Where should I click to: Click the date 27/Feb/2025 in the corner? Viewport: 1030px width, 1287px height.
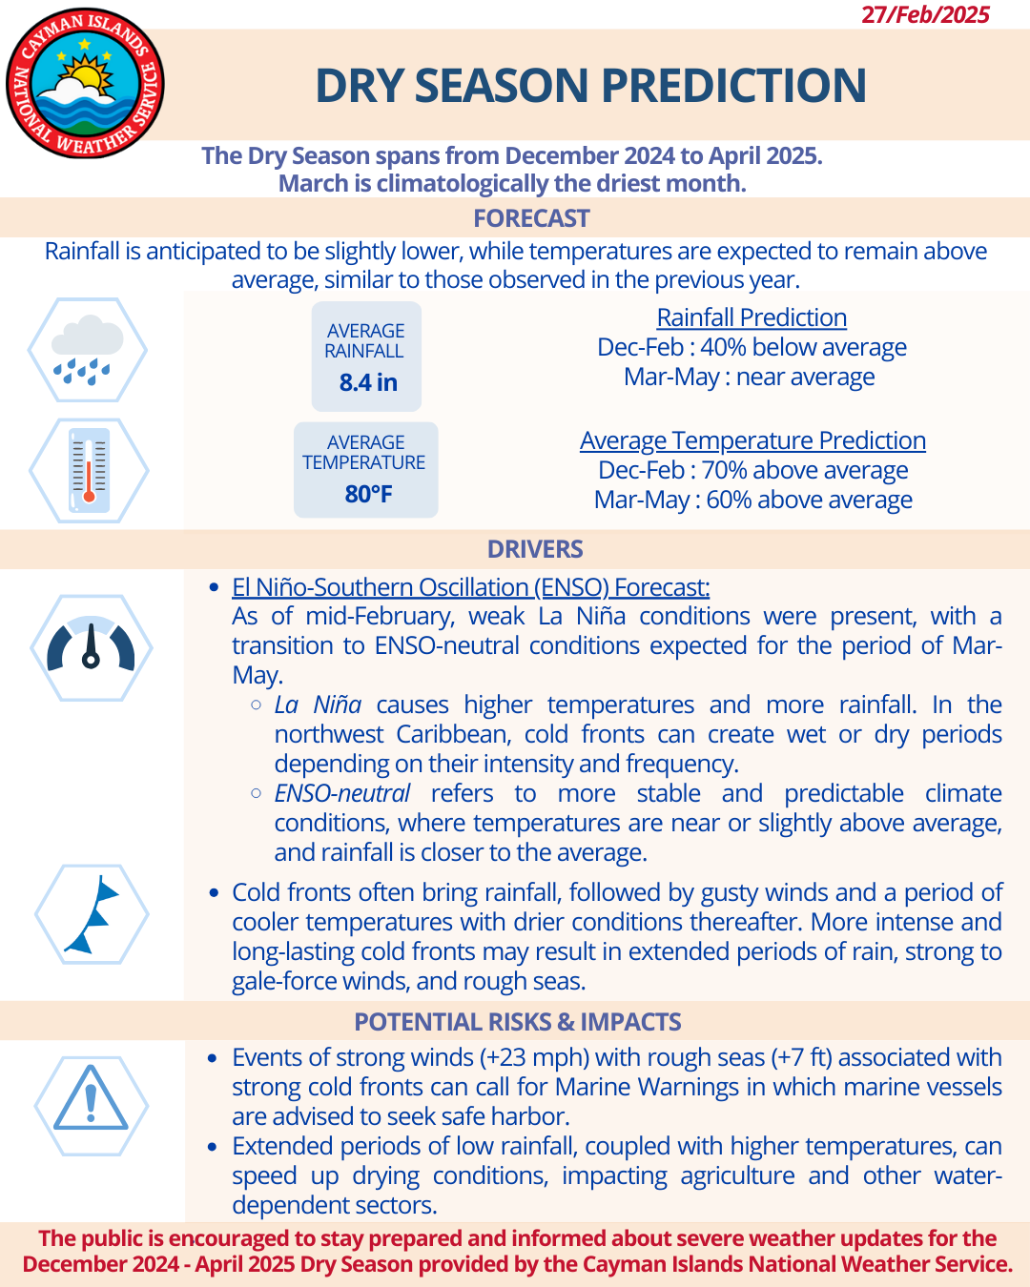[925, 14]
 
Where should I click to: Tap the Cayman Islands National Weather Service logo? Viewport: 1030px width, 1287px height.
[85, 84]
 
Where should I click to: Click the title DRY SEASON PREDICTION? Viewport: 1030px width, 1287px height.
[590, 86]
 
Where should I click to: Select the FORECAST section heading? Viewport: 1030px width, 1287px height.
[531, 218]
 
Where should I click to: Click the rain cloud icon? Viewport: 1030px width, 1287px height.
[88, 350]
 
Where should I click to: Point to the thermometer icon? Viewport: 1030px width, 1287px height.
[89, 470]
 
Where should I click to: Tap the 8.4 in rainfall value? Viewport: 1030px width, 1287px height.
[368, 382]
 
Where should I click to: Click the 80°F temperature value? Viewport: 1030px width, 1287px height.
[368, 494]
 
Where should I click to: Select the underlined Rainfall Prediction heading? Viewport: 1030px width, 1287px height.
[752, 317]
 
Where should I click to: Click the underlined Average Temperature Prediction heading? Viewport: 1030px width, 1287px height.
[752, 440]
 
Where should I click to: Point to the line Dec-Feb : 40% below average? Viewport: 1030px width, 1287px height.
[752, 347]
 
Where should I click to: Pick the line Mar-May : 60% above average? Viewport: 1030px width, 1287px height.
[752, 500]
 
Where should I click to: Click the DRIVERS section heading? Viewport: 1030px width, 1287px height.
[535, 549]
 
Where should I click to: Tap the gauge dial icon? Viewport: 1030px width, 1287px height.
[91, 647]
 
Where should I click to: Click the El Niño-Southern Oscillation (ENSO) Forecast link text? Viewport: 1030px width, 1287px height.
[470, 587]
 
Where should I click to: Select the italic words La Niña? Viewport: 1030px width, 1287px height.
[318, 705]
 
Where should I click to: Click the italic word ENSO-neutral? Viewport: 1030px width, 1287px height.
[341, 793]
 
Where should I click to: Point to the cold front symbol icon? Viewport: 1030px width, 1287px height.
[92, 914]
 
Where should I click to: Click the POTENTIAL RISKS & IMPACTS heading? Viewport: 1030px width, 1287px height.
[518, 1022]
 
